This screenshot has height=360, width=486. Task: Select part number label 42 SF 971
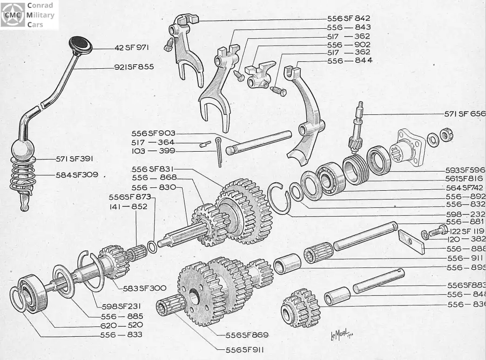tap(134, 47)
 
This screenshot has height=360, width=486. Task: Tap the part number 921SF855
tap(134, 67)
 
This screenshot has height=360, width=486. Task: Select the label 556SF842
tap(349, 19)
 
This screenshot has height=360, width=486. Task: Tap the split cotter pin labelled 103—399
tap(219, 151)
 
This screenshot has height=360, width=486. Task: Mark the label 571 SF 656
tap(464, 113)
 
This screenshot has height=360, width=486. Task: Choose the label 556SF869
tap(247, 335)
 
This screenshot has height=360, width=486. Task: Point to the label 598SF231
tap(118, 306)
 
